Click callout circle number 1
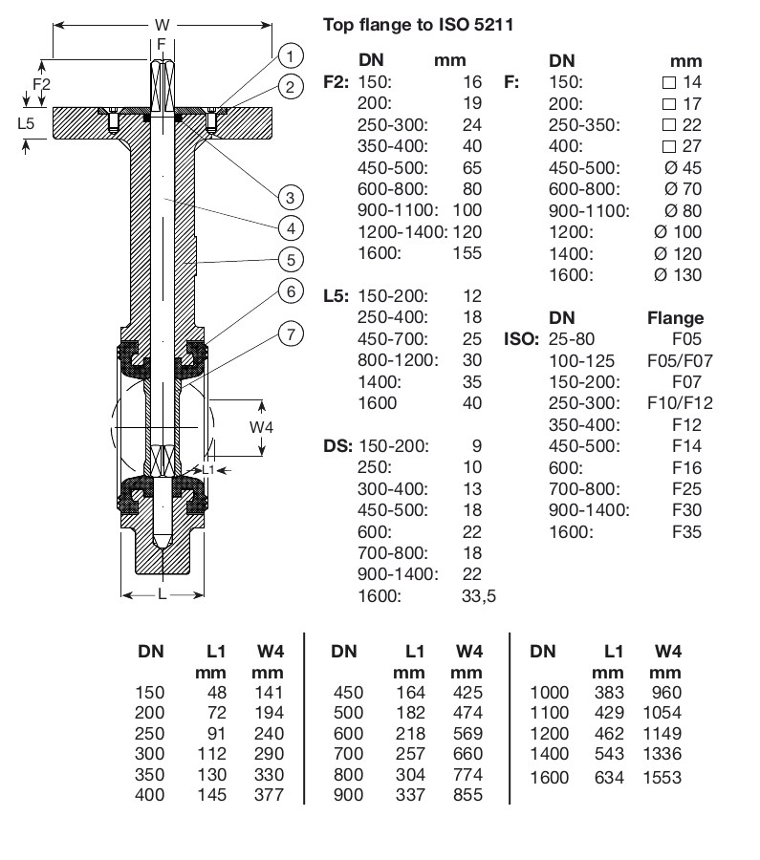(292, 54)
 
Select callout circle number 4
(292, 227)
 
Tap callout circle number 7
(292, 333)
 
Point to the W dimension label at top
(162, 24)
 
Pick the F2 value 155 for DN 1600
(467, 253)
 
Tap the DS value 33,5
(478, 595)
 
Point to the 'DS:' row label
(339, 446)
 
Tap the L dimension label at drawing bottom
(163, 594)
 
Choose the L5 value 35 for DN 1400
(471, 382)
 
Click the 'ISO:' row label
(521, 339)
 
